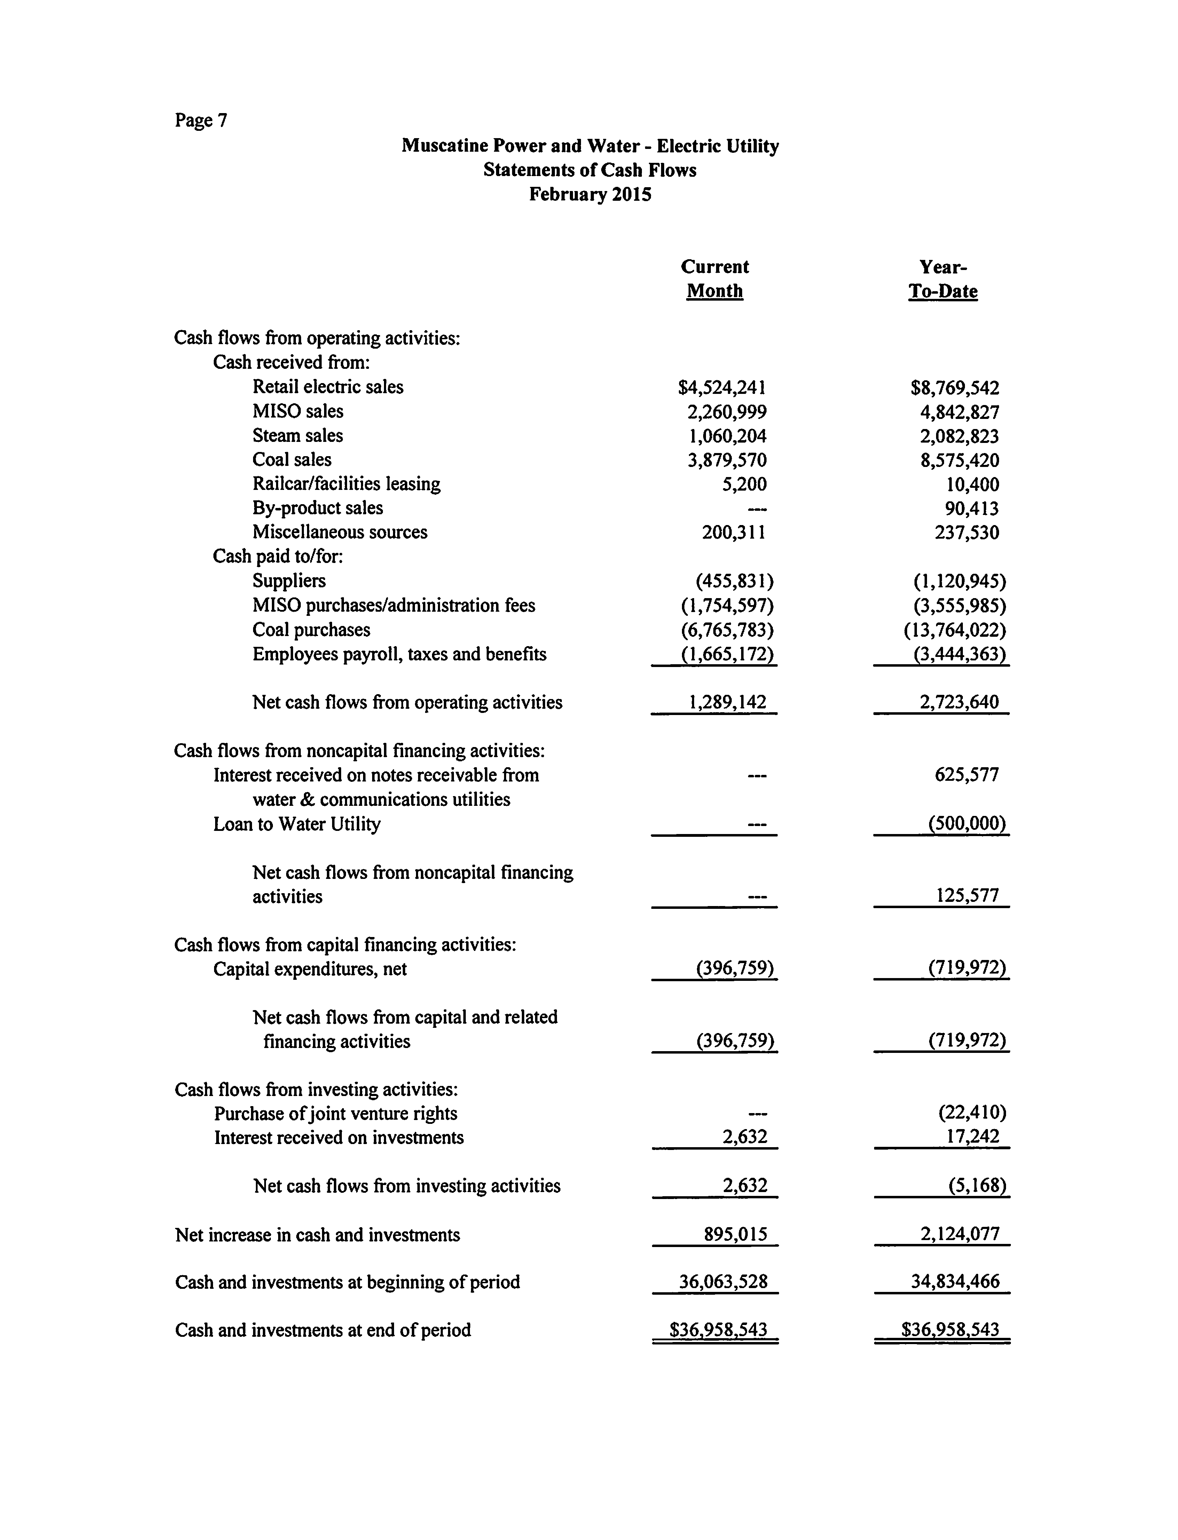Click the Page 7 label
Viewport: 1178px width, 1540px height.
[201, 121]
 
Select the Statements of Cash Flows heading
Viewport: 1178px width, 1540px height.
[590, 170]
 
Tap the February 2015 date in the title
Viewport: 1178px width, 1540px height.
[590, 194]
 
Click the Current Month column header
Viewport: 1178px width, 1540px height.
[715, 279]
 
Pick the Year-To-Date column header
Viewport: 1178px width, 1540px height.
[943, 279]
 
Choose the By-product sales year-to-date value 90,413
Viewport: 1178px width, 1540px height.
[972, 508]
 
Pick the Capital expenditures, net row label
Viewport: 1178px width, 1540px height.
[310, 969]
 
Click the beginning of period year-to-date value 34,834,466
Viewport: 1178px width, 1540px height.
[955, 1282]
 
